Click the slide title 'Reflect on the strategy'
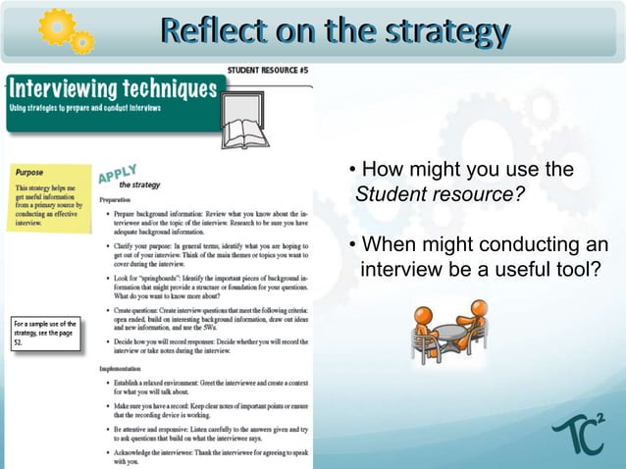tap(337, 31)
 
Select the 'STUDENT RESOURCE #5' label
tap(269, 70)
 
